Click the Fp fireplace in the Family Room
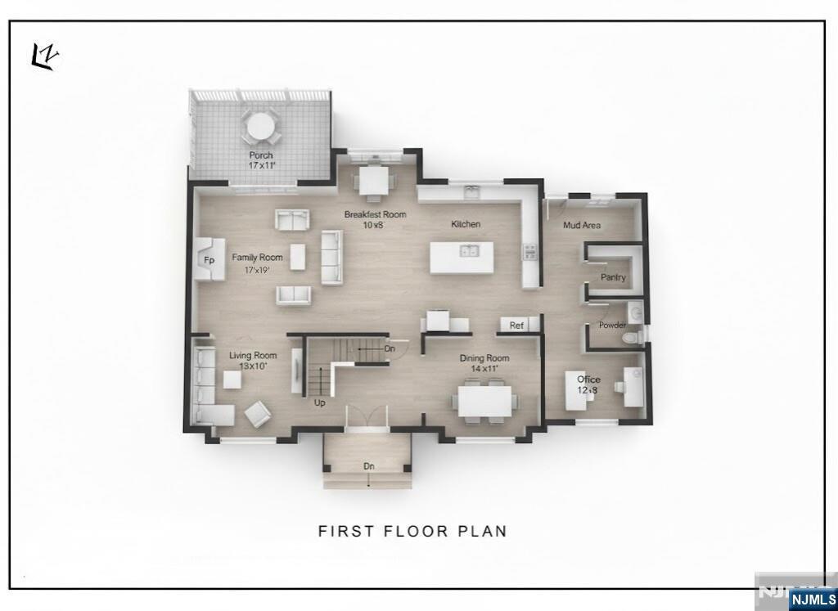click(209, 259)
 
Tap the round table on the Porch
click(260, 127)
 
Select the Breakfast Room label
click(375, 215)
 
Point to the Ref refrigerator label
click(516, 326)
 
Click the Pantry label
click(613, 277)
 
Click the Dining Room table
click(484, 402)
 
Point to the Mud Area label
click(582, 225)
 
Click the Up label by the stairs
click(320, 402)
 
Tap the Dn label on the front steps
click(369, 465)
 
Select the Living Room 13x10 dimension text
click(252, 366)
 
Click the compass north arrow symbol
click(45, 57)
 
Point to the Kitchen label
click(466, 224)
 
